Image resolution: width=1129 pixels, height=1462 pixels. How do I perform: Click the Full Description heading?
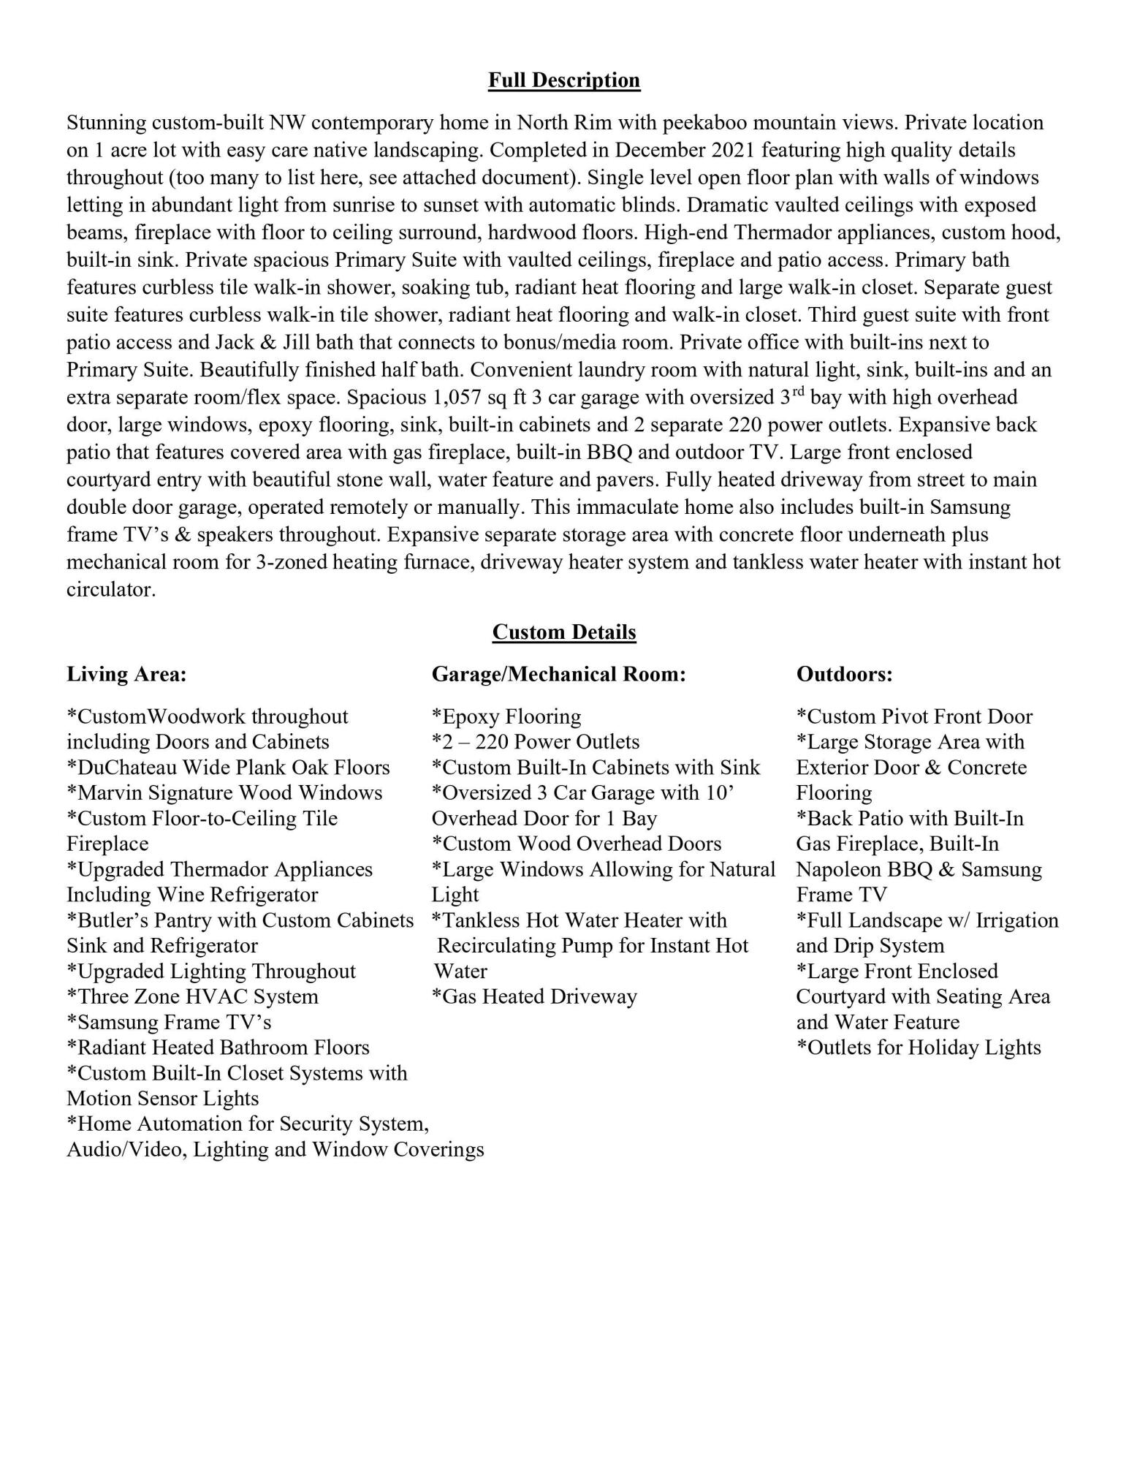pos(563,80)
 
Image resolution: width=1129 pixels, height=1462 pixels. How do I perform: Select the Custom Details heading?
pos(563,632)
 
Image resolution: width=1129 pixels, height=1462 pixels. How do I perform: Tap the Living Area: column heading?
pos(126,674)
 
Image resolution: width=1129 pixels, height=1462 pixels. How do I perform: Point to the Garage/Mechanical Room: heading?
pos(558,674)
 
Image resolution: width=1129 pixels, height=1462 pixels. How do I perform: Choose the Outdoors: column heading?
pos(844,674)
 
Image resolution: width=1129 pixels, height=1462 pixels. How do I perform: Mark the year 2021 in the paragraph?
pos(778,151)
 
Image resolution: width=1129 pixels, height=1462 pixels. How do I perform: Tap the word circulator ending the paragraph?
pos(110,590)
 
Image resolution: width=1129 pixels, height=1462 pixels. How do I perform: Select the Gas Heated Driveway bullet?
pos(534,997)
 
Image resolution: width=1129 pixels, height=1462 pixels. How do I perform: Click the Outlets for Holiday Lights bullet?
pos(918,1048)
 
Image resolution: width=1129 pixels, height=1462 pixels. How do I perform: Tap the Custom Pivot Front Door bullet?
pos(914,717)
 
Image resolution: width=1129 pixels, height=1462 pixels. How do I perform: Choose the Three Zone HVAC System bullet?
pos(192,997)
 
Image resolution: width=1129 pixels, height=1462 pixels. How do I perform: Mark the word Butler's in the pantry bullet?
pos(112,920)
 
